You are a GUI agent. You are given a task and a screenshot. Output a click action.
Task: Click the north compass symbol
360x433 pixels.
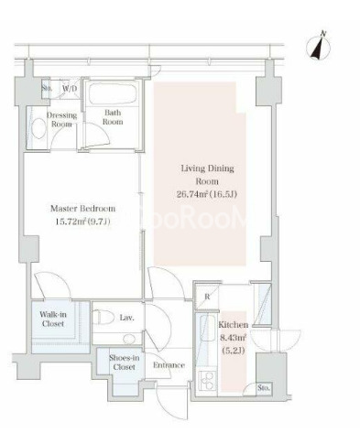[319, 47]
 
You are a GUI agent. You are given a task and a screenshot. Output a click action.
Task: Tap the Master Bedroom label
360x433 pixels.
[82, 209]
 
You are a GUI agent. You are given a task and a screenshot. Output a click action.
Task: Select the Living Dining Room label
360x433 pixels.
[207, 175]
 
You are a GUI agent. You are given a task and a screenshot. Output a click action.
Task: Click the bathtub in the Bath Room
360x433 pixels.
[113, 94]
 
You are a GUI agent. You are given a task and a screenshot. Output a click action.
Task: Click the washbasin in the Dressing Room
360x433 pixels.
[38, 128]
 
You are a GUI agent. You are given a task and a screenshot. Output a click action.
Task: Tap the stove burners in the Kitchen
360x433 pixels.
[207, 381]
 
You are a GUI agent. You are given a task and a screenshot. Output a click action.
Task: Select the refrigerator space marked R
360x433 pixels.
[207, 297]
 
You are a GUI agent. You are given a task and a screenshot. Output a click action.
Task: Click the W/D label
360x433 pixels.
[70, 89]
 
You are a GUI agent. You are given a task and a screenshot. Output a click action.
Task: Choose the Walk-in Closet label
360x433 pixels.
[53, 319]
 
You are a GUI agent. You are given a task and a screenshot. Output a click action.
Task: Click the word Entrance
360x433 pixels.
[169, 365]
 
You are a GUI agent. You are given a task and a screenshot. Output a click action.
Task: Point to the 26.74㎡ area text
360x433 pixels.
[193, 194]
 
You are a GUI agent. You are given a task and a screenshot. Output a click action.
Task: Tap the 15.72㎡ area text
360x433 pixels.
[71, 222]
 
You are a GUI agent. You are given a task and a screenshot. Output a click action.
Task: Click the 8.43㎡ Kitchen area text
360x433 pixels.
[234, 338]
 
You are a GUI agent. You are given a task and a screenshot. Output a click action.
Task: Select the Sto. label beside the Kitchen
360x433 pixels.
[264, 388]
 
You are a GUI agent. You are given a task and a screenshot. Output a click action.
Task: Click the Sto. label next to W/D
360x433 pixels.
[47, 89]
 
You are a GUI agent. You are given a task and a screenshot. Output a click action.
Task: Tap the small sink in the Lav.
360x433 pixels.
[129, 339]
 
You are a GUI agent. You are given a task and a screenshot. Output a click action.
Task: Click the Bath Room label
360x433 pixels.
[113, 117]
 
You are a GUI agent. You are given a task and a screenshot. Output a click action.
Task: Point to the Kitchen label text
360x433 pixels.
[234, 325]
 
